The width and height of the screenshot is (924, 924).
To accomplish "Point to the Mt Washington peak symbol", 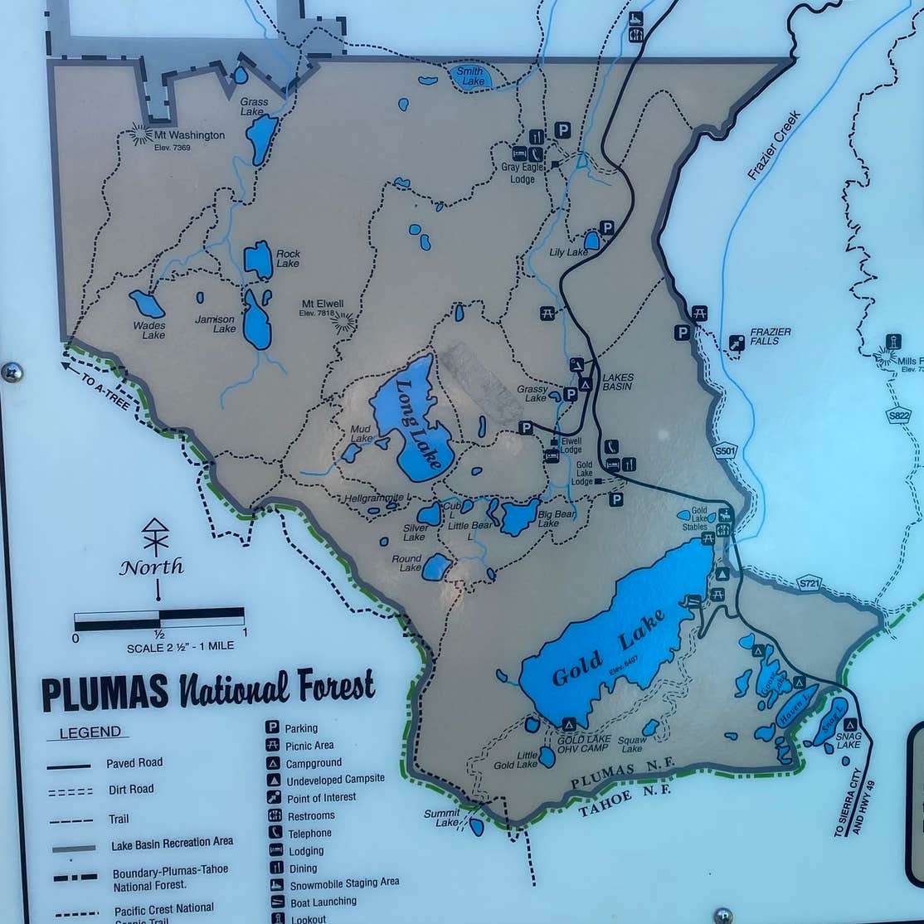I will click(x=140, y=134).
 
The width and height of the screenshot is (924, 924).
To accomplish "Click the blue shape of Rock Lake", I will click(x=259, y=260).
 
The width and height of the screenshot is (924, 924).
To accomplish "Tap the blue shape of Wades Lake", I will click(x=147, y=304).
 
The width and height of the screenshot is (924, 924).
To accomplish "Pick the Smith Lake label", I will click(x=470, y=76).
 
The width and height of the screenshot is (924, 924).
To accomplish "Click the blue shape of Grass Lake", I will click(x=261, y=138).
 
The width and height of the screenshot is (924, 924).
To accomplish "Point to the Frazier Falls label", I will click(x=770, y=336).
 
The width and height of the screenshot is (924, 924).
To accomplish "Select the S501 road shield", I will click(x=724, y=451).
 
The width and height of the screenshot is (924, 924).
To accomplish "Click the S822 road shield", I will click(x=897, y=416).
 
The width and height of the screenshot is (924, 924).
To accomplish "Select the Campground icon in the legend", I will click(x=271, y=763).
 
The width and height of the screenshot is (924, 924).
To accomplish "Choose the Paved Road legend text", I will click(x=134, y=763).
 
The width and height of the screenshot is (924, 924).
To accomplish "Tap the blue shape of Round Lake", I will click(x=436, y=567).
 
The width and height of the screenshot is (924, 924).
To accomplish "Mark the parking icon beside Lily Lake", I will click(x=607, y=227).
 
